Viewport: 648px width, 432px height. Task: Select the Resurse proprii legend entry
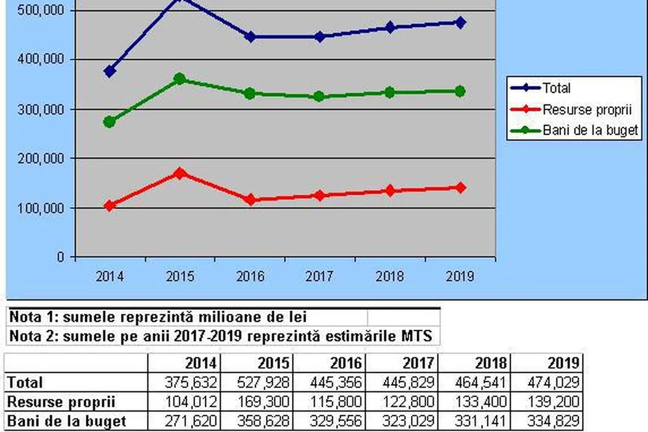578,109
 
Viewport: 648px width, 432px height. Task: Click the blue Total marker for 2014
110,72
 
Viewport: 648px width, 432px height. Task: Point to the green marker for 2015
180,79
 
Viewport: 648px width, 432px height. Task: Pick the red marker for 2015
180,173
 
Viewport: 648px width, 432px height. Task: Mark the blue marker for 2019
460,22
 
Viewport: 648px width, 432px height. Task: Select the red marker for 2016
250,200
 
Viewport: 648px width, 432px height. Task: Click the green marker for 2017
320,97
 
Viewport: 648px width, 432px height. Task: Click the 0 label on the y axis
60,257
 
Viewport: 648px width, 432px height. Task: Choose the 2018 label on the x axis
390,276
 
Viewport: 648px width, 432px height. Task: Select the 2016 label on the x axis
250,276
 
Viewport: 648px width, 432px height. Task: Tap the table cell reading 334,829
555,422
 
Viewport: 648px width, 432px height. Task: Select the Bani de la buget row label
67,422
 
